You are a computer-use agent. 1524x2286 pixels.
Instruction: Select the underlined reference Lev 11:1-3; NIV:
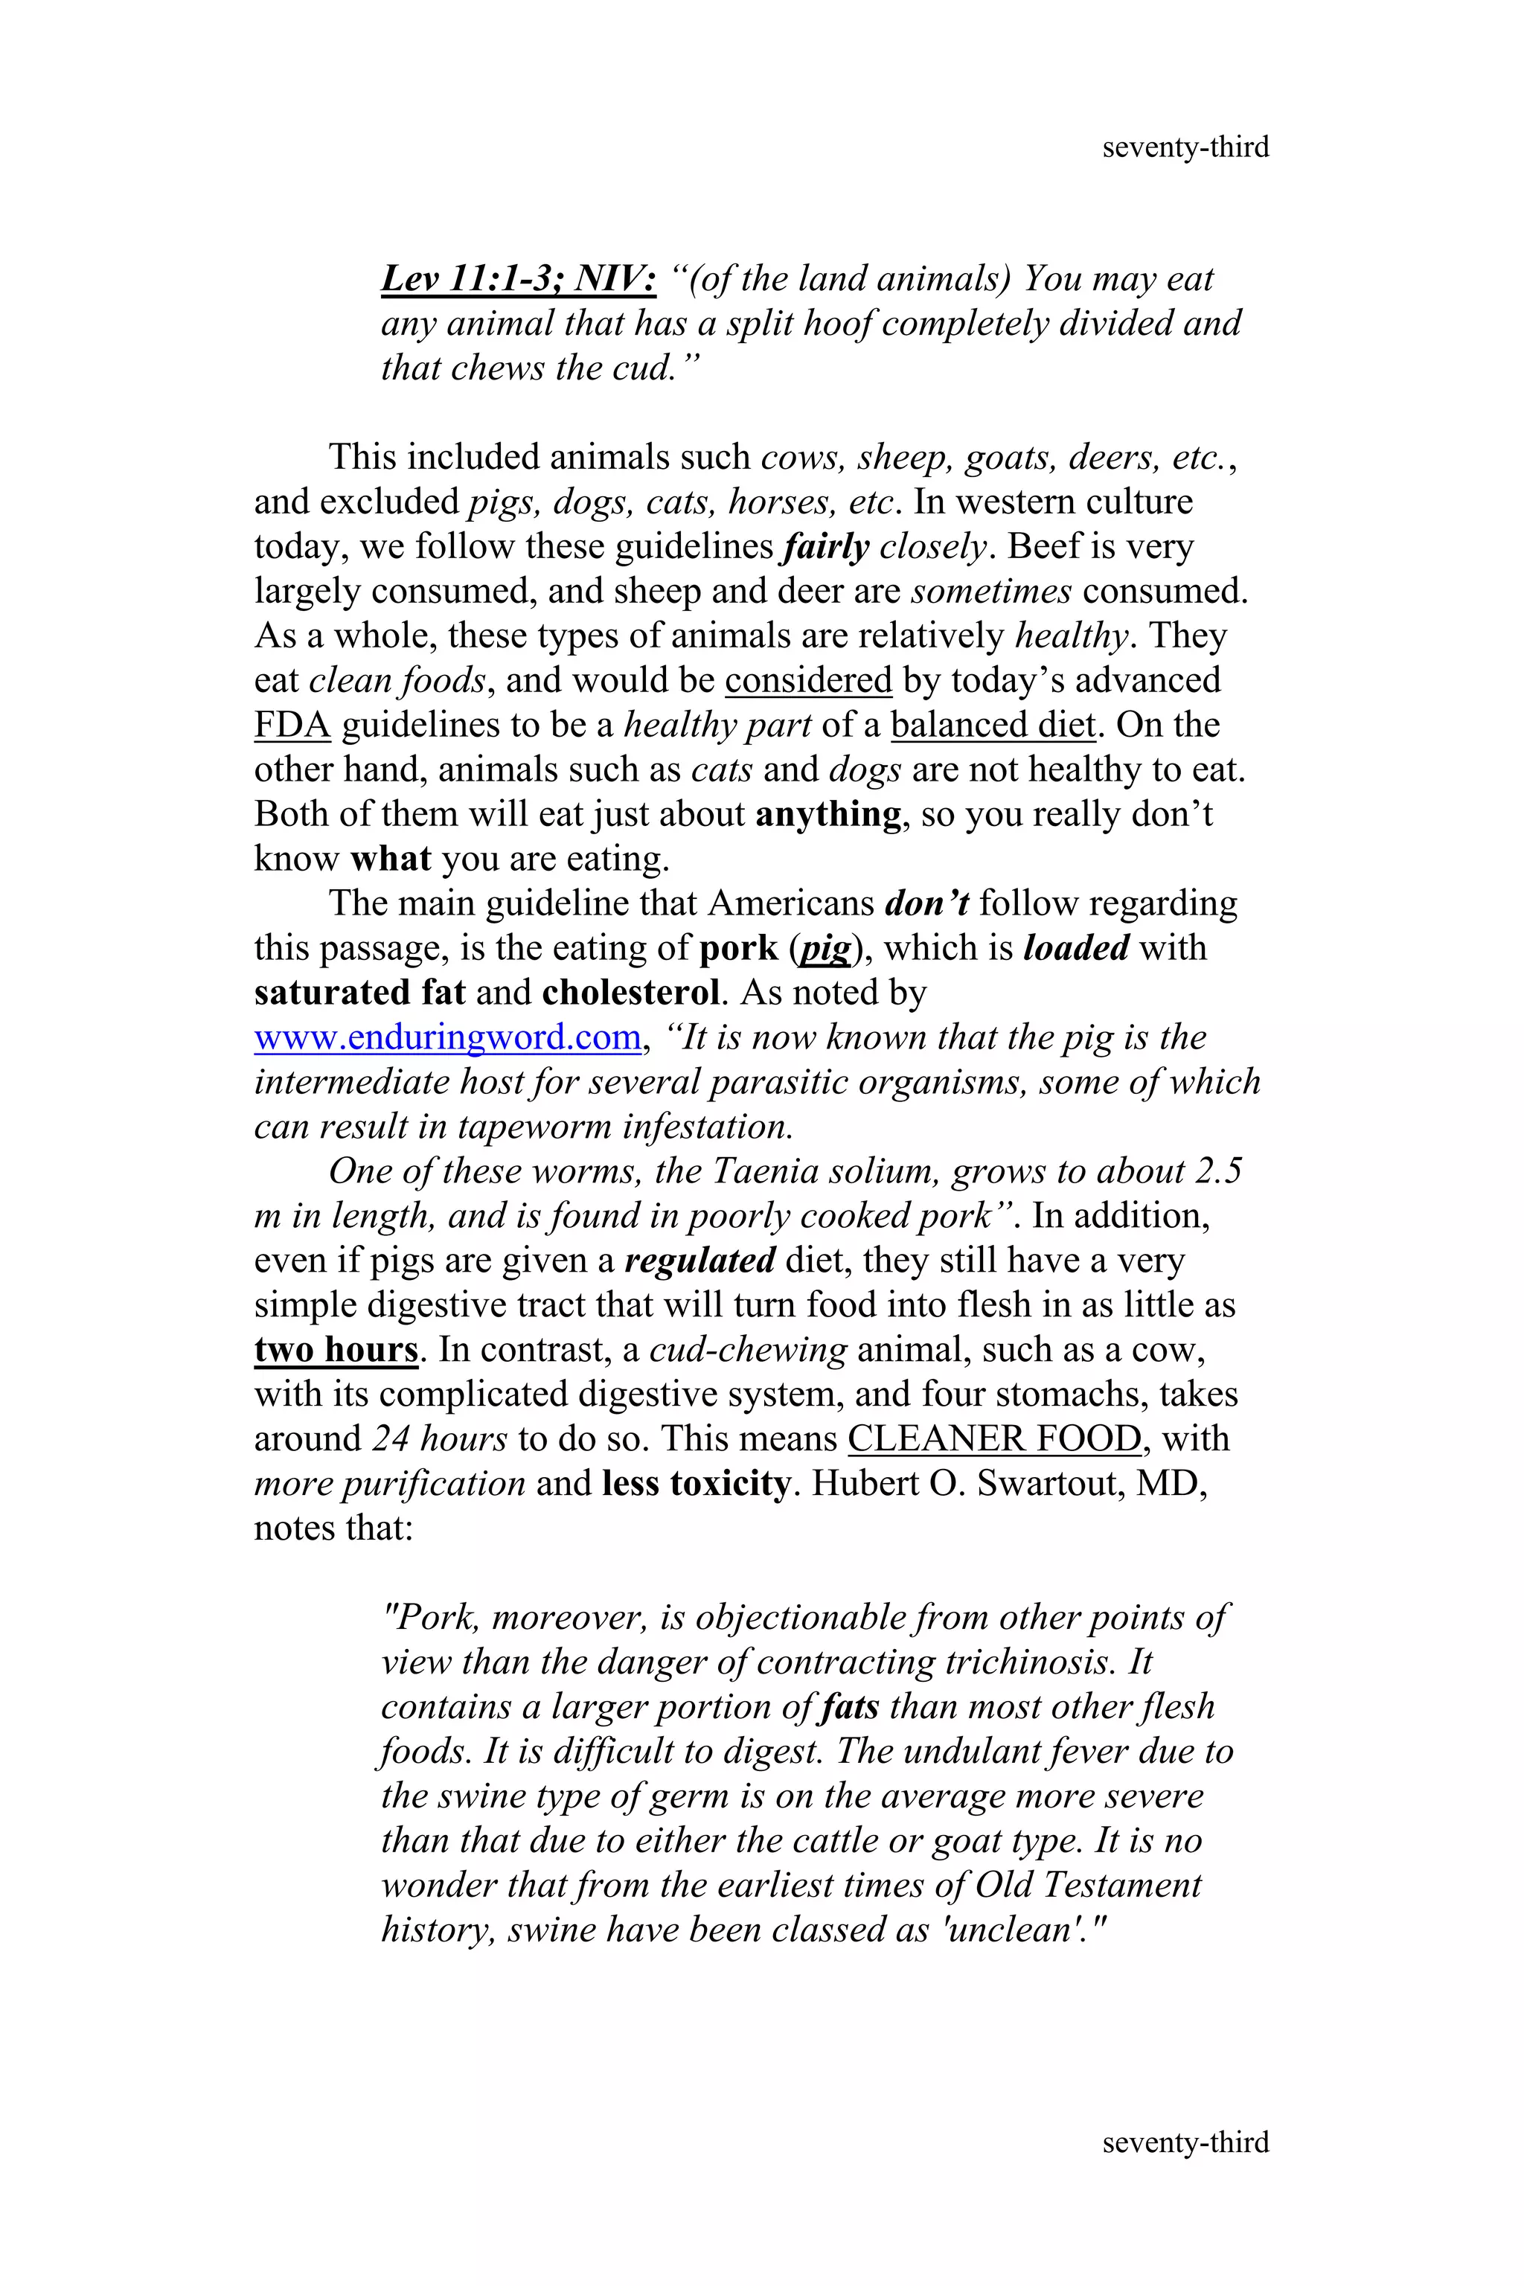(518, 279)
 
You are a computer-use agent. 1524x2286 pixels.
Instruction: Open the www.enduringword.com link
(447, 1037)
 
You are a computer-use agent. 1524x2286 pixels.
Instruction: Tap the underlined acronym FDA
(292, 725)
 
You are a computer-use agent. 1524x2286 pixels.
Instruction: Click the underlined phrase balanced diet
(993, 725)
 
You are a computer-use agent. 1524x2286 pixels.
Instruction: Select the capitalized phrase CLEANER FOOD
(994, 1438)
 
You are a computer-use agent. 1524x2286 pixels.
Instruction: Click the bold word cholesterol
(632, 993)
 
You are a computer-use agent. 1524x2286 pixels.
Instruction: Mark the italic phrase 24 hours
(439, 1438)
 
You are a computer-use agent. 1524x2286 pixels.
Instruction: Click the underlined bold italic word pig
(825, 949)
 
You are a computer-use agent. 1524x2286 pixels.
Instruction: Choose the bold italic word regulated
(699, 1261)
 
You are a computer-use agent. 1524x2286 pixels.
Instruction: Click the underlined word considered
(807, 680)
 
